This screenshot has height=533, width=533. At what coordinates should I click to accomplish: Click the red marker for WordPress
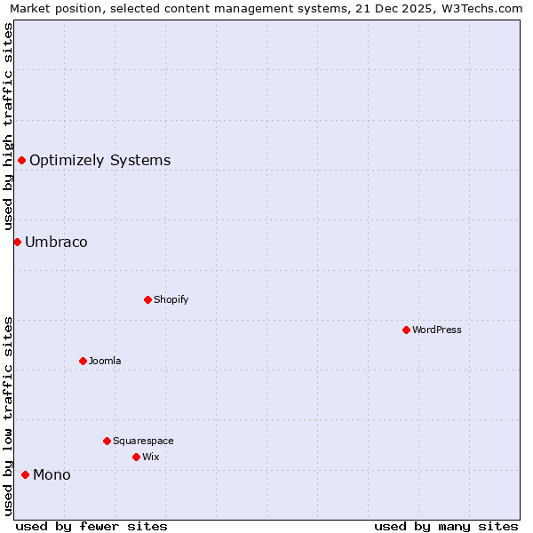406,330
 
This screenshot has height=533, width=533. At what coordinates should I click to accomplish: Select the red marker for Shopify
147,299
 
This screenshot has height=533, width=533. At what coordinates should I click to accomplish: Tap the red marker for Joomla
83,361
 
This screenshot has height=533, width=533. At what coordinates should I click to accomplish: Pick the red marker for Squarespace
107,441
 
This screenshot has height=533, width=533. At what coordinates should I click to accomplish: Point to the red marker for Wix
136,457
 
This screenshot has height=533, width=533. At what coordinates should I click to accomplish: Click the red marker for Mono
25,474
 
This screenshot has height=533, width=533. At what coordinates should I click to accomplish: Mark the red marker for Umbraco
17,242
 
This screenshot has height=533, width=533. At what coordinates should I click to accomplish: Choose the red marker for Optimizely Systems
21,160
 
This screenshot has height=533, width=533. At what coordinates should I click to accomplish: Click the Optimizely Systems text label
99,161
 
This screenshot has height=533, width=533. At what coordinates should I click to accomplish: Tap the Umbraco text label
56,243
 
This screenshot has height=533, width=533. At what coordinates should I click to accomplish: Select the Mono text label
52,475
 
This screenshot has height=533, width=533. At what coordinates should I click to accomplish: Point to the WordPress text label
437,330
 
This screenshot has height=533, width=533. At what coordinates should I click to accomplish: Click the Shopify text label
171,299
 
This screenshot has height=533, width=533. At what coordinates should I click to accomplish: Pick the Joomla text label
105,361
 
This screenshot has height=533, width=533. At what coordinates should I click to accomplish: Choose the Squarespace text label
143,441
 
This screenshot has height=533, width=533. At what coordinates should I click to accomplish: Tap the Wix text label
150,457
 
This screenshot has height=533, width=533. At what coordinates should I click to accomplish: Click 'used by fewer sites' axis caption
91,526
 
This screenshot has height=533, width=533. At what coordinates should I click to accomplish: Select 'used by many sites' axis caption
446,526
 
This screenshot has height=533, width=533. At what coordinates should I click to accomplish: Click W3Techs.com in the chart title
481,8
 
